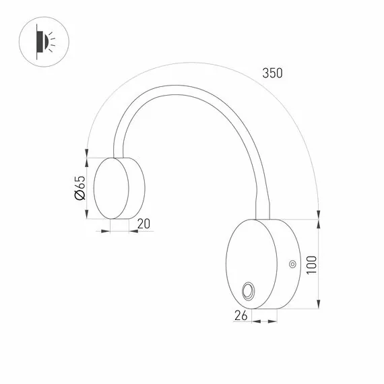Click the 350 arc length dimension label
coord(272,73)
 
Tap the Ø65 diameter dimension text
coord(80,188)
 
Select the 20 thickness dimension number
coord(143,224)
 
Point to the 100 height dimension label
coord(311,265)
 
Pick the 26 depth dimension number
coord(241,315)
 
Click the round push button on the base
coord(248,291)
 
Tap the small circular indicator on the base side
coord(292,264)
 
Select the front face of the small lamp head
coord(111,188)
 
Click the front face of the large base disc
coord(251,264)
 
